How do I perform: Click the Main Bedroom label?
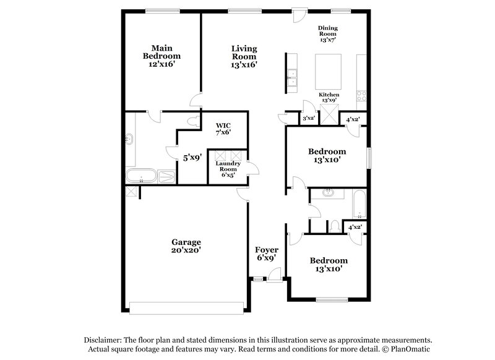point(161,56)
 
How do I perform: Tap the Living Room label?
point(244,56)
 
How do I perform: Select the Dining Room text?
point(328,33)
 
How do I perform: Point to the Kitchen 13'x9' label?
point(329,97)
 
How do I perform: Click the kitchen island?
point(329,72)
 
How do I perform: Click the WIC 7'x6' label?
point(223,128)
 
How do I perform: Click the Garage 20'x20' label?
point(186,246)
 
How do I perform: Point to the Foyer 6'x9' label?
point(266,253)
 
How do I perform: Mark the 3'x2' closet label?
point(309,118)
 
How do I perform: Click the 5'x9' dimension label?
point(192,158)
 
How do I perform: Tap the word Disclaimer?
point(103,341)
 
